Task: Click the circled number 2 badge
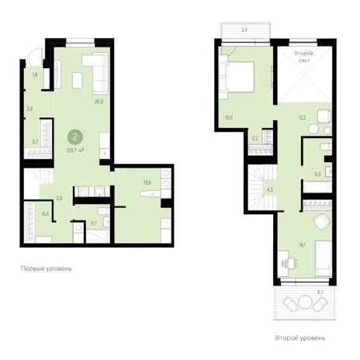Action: pos(75,137)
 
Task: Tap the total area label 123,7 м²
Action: pos(75,150)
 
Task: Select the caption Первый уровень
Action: pos(47,268)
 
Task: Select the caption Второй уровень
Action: pos(300,338)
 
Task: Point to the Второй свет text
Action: pos(304,57)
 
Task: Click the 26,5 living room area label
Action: pos(99,102)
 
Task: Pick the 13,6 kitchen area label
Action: pos(147,182)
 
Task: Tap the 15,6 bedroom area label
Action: pos(229,117)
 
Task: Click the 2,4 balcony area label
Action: pos(244,30)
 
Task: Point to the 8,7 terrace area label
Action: pos(320,292)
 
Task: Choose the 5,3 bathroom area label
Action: pos(317,175)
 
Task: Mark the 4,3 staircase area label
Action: pos(270,190)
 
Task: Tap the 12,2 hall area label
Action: pos(303,117)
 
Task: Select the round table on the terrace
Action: pos(306,303)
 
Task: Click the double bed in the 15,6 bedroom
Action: pos(237,77)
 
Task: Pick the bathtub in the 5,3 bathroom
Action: pos(318,187)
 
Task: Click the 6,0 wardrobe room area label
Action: pos(45,214)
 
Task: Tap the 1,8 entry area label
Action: pos(35,75)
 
